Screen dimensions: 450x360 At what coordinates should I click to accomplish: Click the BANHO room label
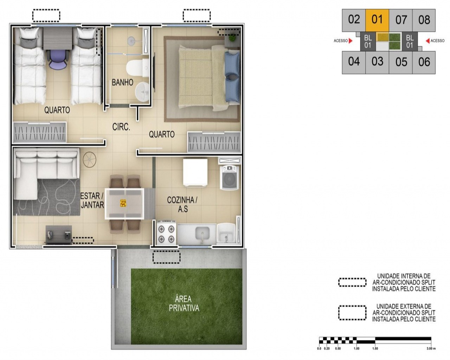point(122,82)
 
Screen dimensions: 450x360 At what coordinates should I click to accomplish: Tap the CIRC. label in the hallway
point(121,127)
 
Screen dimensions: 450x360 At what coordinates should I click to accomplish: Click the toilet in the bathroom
point(137,67)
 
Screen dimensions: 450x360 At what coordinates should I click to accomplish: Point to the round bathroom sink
point(142,92)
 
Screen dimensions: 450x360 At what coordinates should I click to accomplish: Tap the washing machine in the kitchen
point(230,178)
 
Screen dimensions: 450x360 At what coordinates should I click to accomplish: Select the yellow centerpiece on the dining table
point(123,203)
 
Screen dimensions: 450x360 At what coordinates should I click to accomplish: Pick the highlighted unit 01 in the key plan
point(377,20)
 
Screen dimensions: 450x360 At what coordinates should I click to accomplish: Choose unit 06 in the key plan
point(424,62)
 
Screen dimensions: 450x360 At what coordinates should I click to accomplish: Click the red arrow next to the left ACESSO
point(351,40)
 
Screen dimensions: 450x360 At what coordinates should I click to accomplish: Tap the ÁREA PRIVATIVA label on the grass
point(184,304)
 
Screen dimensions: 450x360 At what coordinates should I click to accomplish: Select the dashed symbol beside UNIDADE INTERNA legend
point(352,282)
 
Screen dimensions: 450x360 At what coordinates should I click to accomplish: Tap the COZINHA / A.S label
point(182,205)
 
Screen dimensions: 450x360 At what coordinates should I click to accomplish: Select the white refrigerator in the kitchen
point(195,172)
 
